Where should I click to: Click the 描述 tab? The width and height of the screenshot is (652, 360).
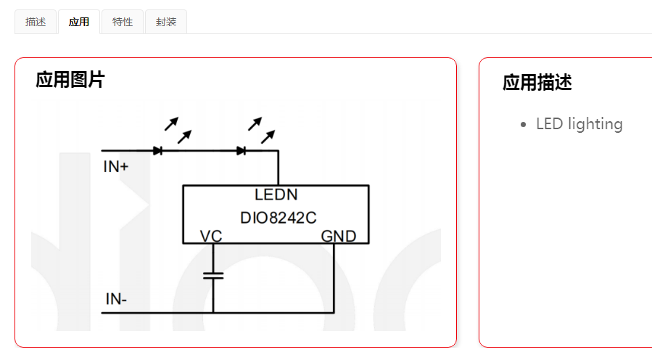pyautogui.click(x=36, y=22)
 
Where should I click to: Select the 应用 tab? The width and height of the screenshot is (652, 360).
pyautogui.click(x=79, y=22)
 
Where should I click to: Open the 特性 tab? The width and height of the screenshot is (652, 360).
pyautogui.click(x=123, y=22)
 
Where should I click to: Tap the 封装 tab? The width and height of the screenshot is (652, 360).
pyautogui.click(x=166, y=22)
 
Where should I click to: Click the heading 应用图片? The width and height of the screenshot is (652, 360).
pyautogui.click(x=70, y=80)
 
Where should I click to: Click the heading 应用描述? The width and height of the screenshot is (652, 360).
pyautogui.click(x=537, y=83)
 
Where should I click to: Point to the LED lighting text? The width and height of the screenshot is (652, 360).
pyautogui.click(x=579, y=124)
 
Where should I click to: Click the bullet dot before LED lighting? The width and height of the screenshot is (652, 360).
pyautogui.click(x=524, y=125)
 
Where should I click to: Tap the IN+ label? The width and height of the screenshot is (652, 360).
pyautogui.click(x=116, y=167)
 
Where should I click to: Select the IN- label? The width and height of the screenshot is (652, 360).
pyautogui.click(x=117, y=299)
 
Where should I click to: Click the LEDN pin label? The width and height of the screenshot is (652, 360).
pyautogui.click(x=276, y=195)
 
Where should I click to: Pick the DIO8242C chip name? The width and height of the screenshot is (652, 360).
pyautogui.click(x=278, y=217)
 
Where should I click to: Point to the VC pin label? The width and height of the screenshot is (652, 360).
pyautogui.click(x=211, y=236)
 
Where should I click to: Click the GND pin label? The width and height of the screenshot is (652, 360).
pyautogui.click(x=339, y=236)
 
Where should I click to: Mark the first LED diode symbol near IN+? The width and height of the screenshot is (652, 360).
pyautogui.click(x=157, y=151)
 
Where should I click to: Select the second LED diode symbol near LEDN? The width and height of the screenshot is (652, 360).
pyautogui.click(x=242, y=151)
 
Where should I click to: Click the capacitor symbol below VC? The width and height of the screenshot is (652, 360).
pyautogui.click(x=213, y=275)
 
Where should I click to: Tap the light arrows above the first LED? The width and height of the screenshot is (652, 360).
pyautogui.click(x=178, y=129)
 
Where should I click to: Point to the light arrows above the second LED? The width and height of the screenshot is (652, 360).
pyautogui.click(x=261, y=129)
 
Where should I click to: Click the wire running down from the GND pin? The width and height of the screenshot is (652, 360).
pyautogui.click(x=334, y=279)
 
